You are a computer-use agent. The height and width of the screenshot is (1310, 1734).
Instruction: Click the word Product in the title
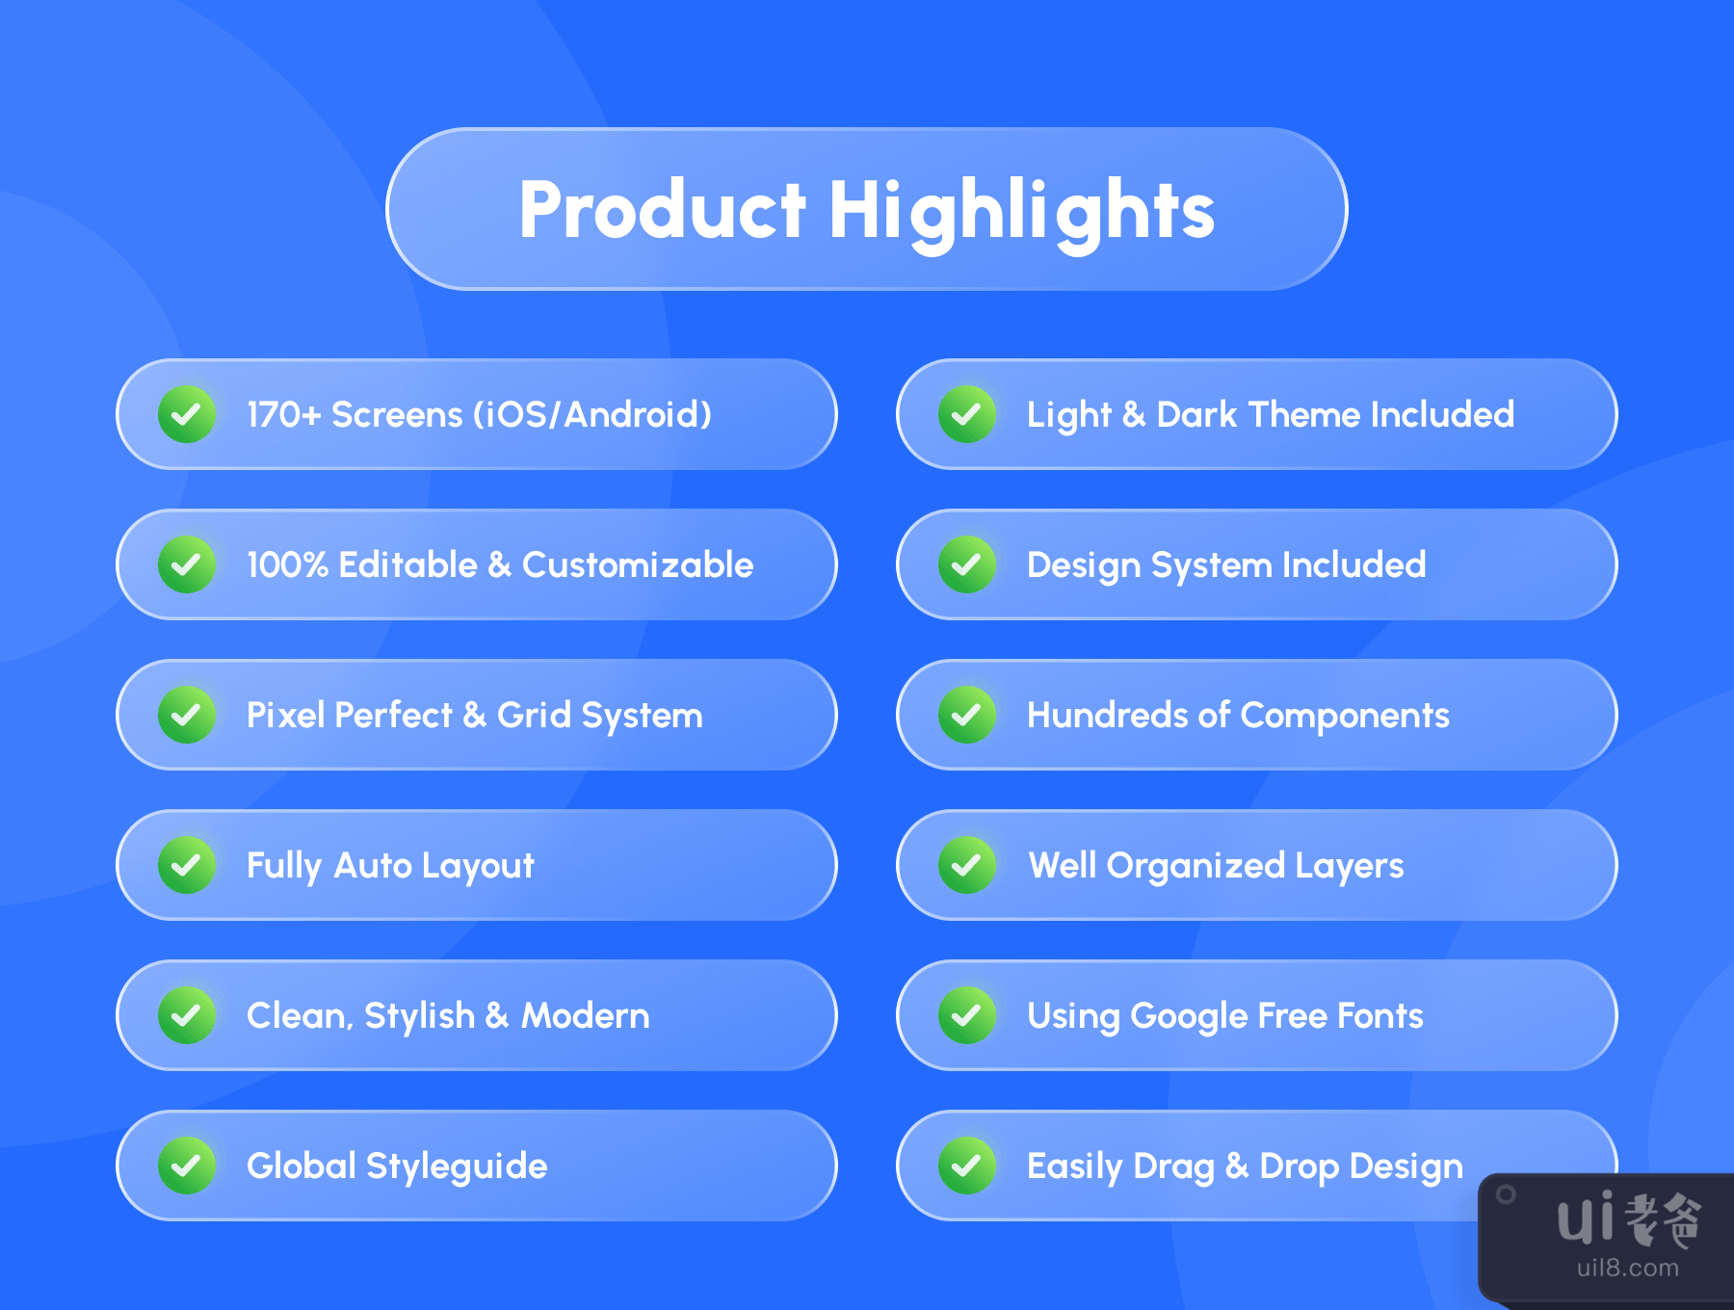coord(662,209)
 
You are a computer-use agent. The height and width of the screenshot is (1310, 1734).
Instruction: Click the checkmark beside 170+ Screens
coord(187,414)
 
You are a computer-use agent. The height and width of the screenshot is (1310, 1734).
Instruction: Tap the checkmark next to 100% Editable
coord(187,564)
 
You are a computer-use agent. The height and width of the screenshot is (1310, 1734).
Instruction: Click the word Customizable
coord(638,564)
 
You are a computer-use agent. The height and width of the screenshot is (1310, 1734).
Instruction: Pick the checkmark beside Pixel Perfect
coord(187,715)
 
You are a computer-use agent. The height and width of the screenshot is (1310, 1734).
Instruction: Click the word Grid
coord(534,715)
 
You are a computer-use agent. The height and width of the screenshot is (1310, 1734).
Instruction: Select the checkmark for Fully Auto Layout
coord(187,865)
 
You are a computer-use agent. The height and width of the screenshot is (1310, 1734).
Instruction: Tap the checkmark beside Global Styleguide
coord(187,1166)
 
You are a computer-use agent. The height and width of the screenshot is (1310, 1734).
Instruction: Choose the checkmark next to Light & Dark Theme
coord(967,414)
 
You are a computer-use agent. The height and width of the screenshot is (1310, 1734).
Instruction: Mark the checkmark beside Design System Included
coord(967,564)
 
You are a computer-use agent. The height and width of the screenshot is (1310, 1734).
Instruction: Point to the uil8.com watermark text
coord(1628,1268)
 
